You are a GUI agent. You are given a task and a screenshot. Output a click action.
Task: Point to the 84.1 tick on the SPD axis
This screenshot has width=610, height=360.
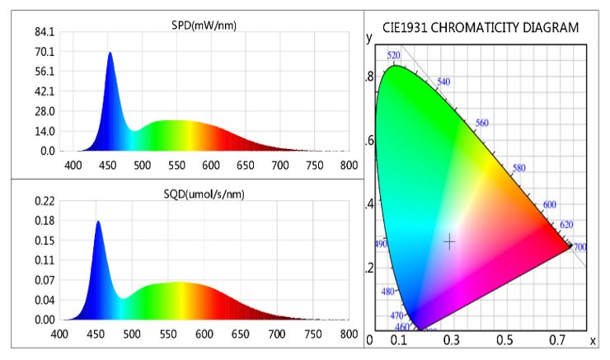(x=44, y=32)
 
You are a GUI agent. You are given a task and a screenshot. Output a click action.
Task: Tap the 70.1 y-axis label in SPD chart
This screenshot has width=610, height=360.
(x=44, y=52)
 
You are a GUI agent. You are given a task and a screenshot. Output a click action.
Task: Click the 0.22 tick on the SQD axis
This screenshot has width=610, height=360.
(x=44, y=201)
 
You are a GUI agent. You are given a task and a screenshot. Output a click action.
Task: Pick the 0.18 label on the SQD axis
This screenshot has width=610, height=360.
(x=44, y=221)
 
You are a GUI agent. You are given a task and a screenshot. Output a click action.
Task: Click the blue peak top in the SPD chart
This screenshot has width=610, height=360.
(x=110, y=53)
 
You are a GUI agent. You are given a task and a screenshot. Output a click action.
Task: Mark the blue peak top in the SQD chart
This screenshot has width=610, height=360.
(x=98, y=222)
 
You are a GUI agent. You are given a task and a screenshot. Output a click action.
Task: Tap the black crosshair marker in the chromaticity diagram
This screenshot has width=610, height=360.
(x=449, y=241)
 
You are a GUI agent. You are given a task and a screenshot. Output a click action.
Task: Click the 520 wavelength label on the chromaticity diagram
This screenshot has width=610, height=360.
(x=394, y=55)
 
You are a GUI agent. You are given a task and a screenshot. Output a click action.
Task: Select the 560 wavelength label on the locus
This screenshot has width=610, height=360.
(x=482, y=123)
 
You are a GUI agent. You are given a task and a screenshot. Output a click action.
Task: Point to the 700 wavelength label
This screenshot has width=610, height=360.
(x=580, y=247)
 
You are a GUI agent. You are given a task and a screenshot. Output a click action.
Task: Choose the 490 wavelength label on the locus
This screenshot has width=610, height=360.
(x=381, y=244)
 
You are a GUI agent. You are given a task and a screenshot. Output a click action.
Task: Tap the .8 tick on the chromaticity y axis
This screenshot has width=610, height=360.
(x=370, y=77)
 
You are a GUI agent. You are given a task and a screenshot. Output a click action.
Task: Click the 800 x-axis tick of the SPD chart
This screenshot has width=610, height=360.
(x=349, y=165)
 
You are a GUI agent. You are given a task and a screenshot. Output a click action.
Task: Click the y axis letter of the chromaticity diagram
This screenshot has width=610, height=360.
(x=369, y=37)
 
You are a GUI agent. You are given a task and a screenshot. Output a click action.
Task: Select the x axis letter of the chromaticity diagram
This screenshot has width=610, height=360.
(x=593, y=339)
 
